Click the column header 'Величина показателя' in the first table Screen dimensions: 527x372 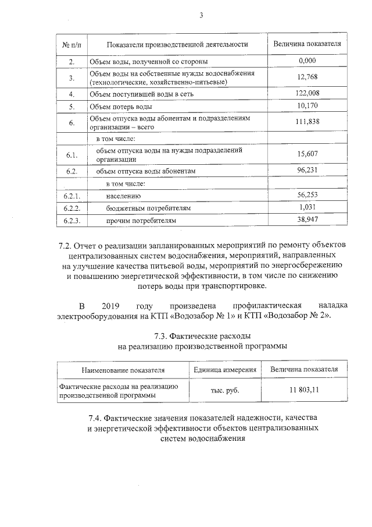point(307,44)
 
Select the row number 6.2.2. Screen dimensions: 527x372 point(71,208)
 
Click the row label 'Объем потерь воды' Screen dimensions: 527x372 point(120,107)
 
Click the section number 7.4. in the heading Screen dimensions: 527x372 point(96,418)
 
